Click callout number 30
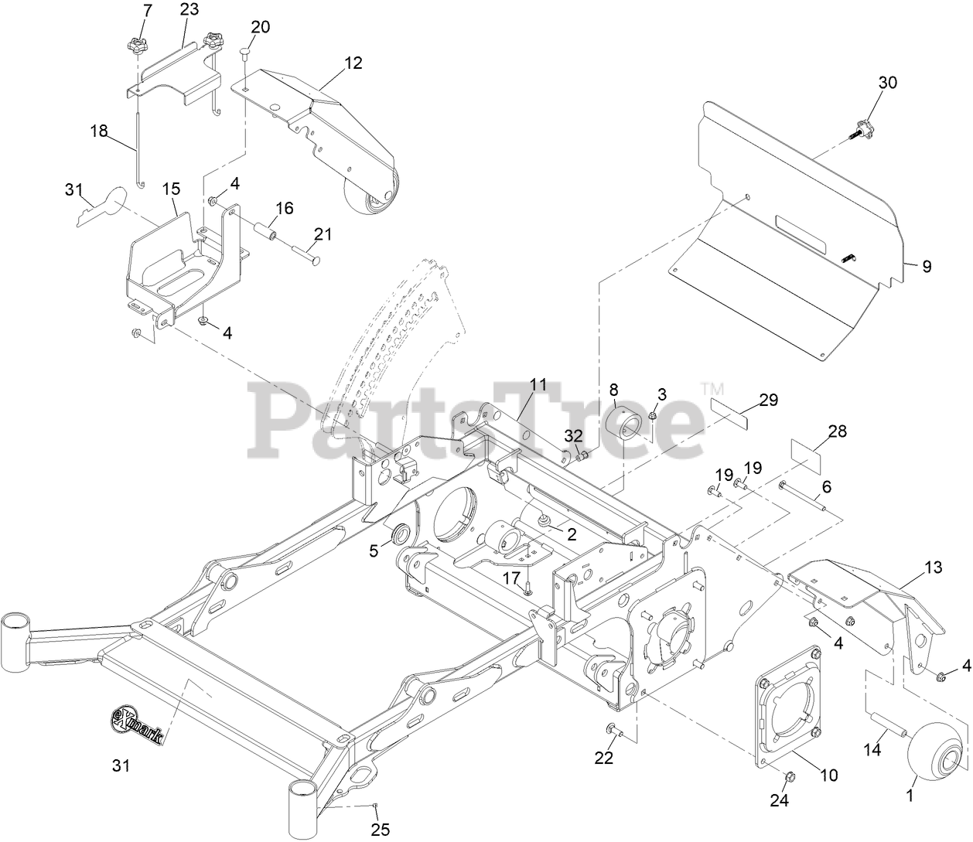pyautogui.click(x=888, y=83)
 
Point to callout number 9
pyautogui.click(x=927, y=266)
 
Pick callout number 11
pyautogui.click(x=538, y=384)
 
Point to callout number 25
pyautogui.click(x=380, y=830)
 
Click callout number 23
pyautogui.click(x=189, y=10)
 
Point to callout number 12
pyautogui.click(x=353, y=63)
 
